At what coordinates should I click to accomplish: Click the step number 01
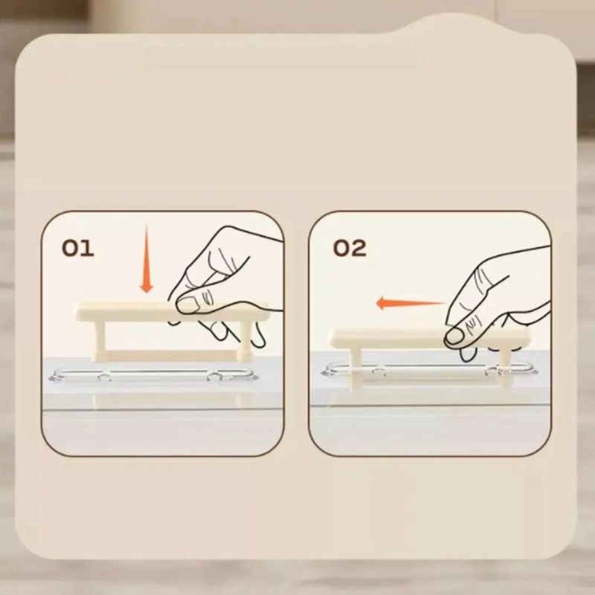(x=78, y=249)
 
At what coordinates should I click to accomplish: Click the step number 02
(x=350, y=248)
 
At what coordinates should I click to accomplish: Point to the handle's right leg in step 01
(x=243, y=339)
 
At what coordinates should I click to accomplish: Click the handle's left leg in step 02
(x=357, y=364)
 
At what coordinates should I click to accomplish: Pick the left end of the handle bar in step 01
(x=78, y=312)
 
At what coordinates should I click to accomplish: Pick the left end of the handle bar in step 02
(x=334, y=339)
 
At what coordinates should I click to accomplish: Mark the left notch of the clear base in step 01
(x=103, y=377)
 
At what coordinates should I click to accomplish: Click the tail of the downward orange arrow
(x=146, y=227)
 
